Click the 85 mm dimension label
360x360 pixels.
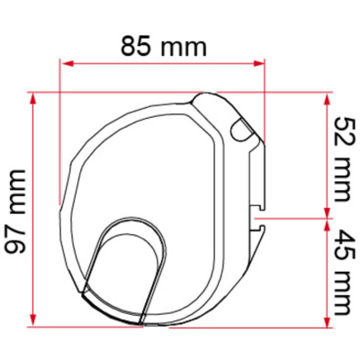click(x=164, y=47)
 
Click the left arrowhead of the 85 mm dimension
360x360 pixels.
click(x=67, y=63)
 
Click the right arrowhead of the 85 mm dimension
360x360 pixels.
click(x=259, y=63)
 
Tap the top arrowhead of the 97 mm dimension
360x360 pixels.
click(x=33, y=98)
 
